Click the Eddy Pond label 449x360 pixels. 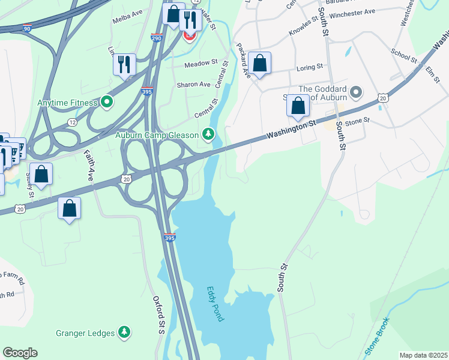point(215,303)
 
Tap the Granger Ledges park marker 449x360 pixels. point(124,332)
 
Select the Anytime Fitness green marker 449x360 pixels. point(107,103)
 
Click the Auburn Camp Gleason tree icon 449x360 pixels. point(208,134)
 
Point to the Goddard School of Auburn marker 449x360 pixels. point(357,92)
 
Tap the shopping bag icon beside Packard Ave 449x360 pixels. point(259,63)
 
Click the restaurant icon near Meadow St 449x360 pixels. point(124,64)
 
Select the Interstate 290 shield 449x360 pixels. point(155,38)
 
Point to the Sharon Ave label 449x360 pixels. point(193,85)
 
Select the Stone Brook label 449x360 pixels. point(377,337)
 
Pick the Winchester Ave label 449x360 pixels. point(352,12)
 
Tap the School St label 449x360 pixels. point(403,56)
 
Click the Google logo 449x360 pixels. point(20,353)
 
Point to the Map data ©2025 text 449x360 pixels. point(423,355)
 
